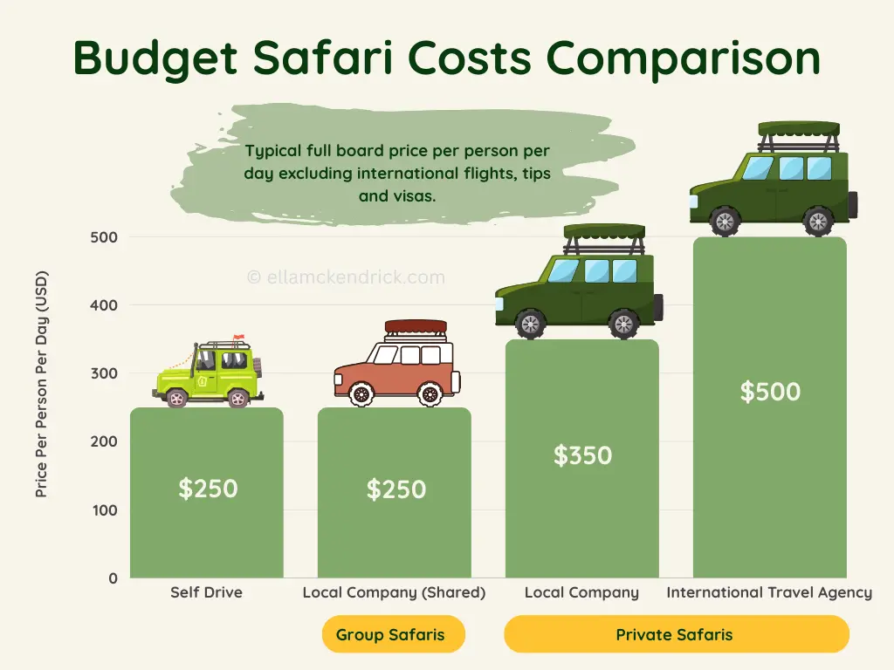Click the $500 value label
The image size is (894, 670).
click(x=770, y=391)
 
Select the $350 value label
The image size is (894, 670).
click(x=582, y=455)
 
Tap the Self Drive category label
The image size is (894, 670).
click(x=206, y=592)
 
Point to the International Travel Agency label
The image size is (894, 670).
click(x=769, y=592)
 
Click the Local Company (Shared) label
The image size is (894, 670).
click(x=394, y=592)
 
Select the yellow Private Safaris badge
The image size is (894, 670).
click(x=676, y=634)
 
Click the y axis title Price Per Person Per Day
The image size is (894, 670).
click(x=41, y=385)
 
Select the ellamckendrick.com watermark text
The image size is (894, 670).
click(x=346, y=277)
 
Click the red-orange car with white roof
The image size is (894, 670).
click(x=396, y=366)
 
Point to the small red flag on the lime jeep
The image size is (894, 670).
click(x=240, y=338)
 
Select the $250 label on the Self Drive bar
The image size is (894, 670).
click(x=208, y=489)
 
